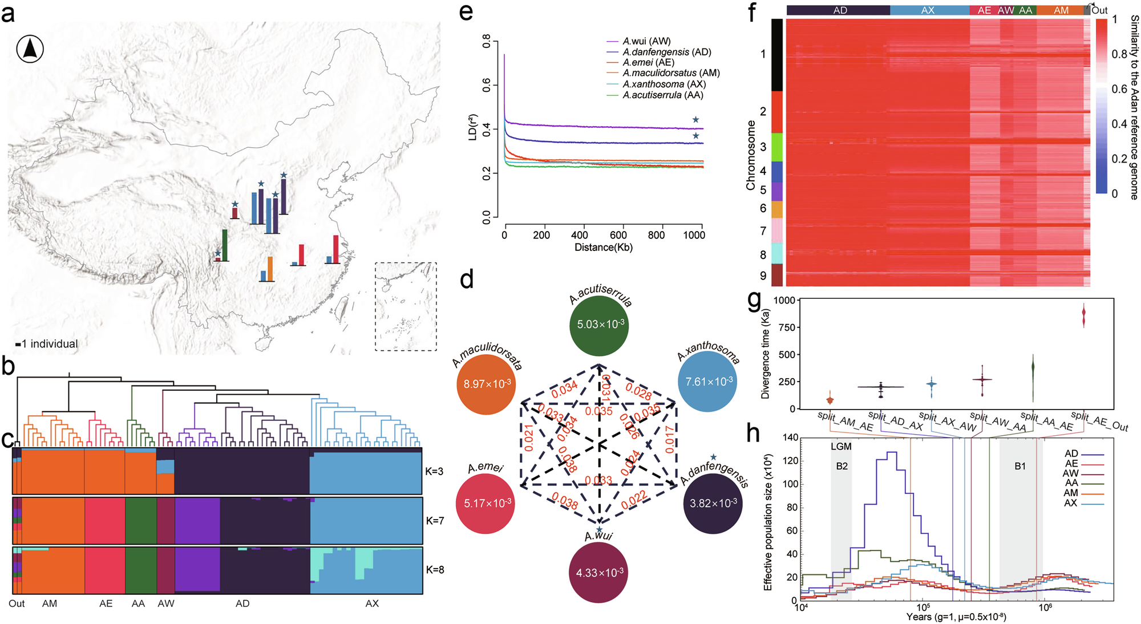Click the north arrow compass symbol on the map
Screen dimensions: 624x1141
click(30, 49)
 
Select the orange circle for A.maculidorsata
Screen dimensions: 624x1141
click(485, 384)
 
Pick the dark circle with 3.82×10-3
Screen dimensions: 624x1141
click(713, 504)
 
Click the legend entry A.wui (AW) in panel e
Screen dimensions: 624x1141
click(646, 41)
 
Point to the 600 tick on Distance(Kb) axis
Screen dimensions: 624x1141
click(618, 235)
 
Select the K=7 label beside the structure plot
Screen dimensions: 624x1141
click(435, 521)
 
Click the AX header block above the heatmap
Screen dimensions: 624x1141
click(929, 10)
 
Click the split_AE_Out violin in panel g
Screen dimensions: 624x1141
click(1083, 315)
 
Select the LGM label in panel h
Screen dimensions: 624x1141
click(841, 447)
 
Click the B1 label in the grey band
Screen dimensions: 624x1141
click(1020, 466)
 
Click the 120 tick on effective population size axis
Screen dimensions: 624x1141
click(791, 461)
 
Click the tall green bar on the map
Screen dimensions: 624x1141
click(225, 245)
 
